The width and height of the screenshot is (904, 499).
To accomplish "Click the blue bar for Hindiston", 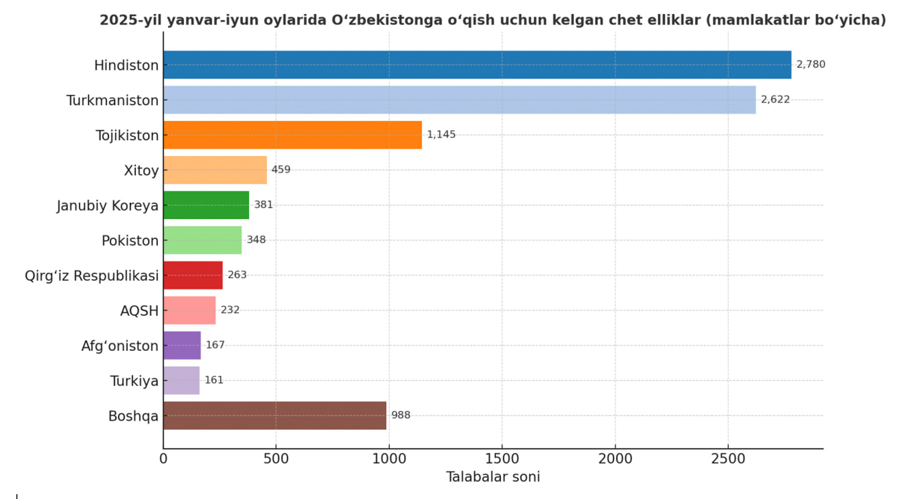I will [477, 65].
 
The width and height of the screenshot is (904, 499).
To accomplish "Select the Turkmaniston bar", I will [459, 100].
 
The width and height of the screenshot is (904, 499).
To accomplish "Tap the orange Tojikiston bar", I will [292, 135].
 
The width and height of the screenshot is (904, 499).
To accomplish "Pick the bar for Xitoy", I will [215, 170].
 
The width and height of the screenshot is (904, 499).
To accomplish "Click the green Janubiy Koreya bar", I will [206, 205].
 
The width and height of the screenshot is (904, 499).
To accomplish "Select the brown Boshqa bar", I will [274, 416].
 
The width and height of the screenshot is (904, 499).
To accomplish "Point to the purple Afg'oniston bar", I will [182, 346].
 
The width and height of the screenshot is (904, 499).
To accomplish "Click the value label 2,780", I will [810, 64].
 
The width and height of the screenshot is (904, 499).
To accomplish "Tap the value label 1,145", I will [441, 135].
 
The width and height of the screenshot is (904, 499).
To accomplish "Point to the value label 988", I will [400, 415].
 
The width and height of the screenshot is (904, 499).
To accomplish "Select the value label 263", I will [237, 275].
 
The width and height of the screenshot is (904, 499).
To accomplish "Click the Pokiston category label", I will [130, 240].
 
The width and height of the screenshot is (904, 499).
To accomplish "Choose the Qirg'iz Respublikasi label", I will [92, 276].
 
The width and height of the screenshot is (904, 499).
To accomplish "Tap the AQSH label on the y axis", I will [139, 311].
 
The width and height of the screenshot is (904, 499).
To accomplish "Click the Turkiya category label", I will [134, 381].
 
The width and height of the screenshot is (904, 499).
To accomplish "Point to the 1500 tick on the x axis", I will [502, 458].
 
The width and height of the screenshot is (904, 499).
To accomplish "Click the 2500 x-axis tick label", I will [728, 458].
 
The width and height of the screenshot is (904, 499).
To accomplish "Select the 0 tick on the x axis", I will [163, 458].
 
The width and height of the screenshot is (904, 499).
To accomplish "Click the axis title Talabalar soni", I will [493, 477].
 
